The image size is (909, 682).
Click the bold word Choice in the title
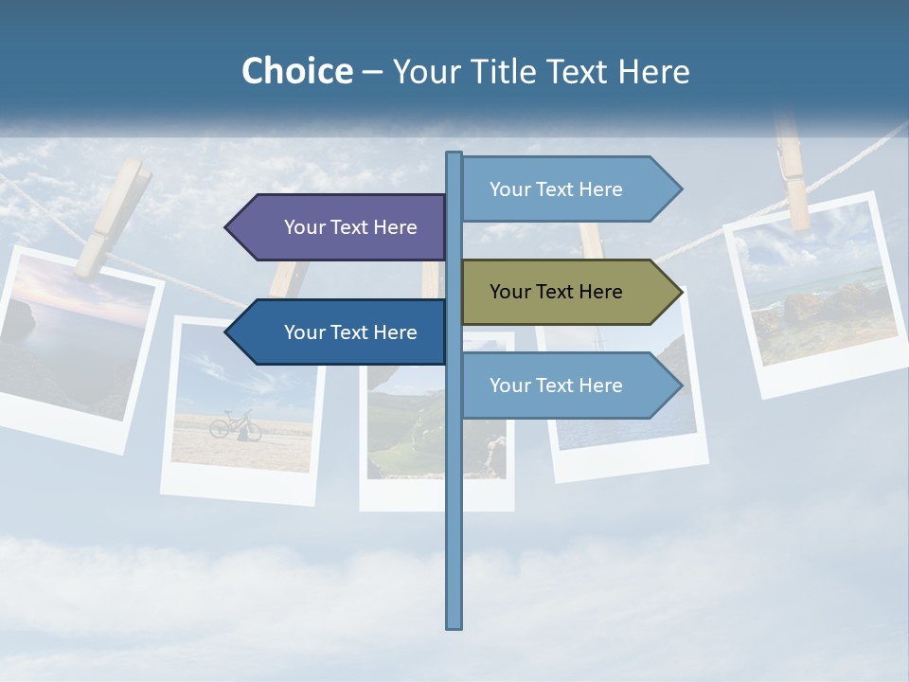pos(296,71)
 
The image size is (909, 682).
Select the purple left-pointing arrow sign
pos(341,227)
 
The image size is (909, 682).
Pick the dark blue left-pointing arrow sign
pos(341,332)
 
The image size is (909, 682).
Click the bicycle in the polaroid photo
pos(235,425)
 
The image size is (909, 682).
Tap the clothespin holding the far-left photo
pos(113,219)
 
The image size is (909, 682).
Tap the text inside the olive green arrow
pos(556,292)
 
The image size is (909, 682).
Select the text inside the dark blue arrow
pos(350,332)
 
